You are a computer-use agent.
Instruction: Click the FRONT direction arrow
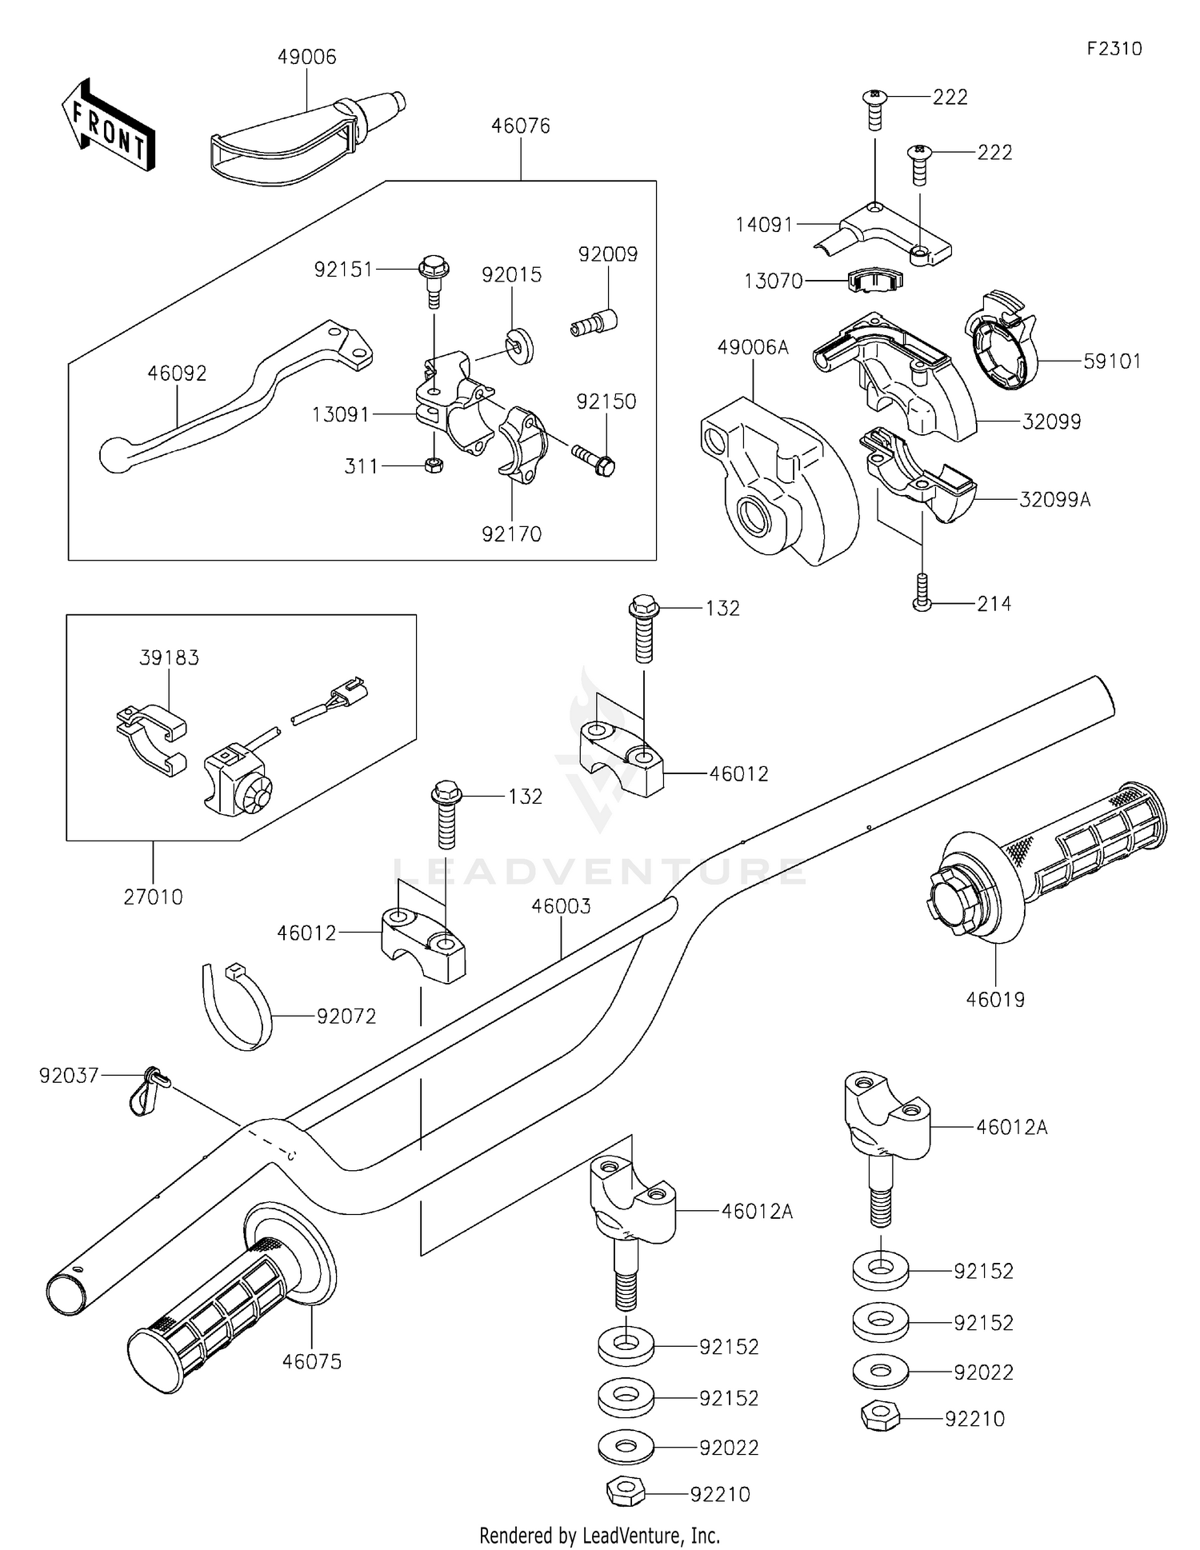[108, 125]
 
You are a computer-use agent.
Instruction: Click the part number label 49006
[306, 58]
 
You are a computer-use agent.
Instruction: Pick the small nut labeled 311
[434, 465]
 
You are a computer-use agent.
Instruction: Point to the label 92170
[511, 533]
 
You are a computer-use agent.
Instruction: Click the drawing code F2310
[1114, 49]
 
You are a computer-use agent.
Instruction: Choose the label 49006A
[753, 347]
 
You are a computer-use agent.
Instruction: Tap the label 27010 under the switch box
[153, 897]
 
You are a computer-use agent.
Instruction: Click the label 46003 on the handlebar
[561, 906]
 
